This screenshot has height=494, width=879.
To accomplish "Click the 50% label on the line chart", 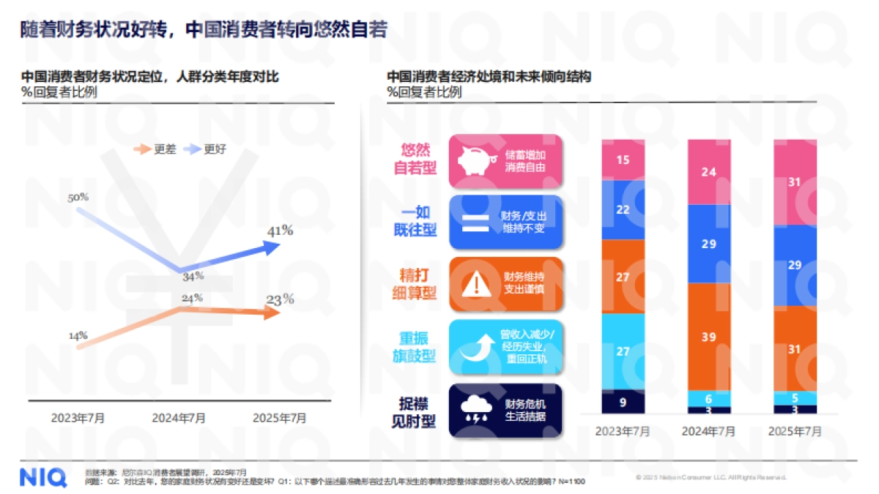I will pyautogui.click(x=78, y=198).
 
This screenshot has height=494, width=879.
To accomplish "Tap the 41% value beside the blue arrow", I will pyautogui.click(x=279, y=231).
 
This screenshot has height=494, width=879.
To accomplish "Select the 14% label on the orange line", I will pyautogui.click(x=78, y=336).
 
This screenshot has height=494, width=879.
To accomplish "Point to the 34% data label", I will pyautogui.click(x=193, y=277).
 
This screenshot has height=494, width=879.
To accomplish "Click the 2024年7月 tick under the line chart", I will pyautogui.click(x=179, y=419).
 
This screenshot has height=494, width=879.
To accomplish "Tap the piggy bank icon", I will pyautogui.click(x=475, y=160).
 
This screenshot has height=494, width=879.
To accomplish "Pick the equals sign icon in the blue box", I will pyautogui.click(x=475, y=220).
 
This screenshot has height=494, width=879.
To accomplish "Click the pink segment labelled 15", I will pyautogui.click(x=623, y=160).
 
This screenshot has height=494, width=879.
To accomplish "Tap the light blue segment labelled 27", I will pyautogui.click(x=623, y=351).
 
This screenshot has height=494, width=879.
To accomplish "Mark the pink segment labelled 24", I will pyautogui.click(x=709, y=172).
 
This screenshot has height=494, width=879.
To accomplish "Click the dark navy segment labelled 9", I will pyautogui.click(x=623, y=401).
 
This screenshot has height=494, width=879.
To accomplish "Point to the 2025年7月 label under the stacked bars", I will pyautogui.click(x=795, y=431).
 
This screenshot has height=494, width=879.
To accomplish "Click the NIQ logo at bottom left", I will pyautogui.click(x=43, y=476).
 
